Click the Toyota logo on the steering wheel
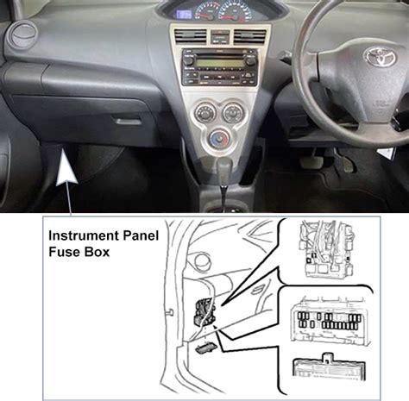point(381,56)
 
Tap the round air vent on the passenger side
point(24,34)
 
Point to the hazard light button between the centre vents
point(220,36)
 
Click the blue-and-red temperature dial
point(220,138)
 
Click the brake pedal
point(311,161)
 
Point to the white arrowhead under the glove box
point(66,167)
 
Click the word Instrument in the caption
point(84,236)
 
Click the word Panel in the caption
point(141,235)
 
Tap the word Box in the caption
point(97,252)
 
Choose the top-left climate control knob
point(204,112)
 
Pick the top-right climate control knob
point(233,112)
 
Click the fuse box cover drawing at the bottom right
point(329,368)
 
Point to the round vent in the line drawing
point(203,261)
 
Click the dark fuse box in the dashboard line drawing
point(204,312)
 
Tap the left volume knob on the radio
point(189,60)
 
